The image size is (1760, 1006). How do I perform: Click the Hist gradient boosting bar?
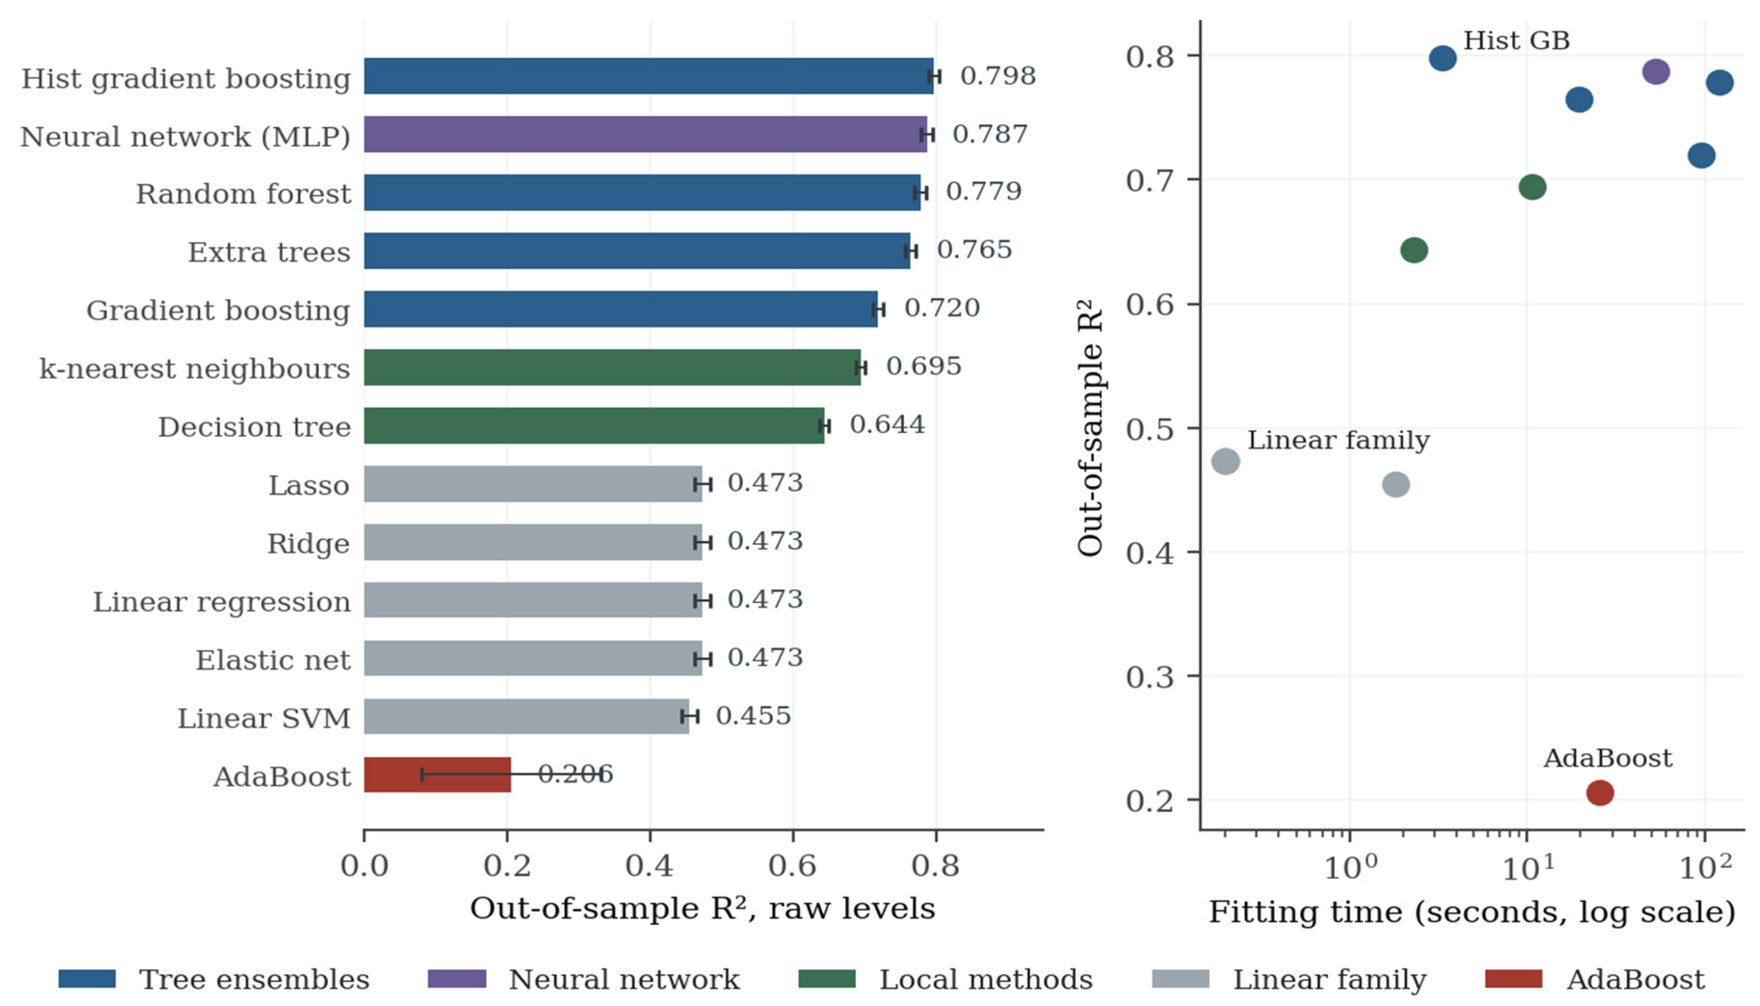click(649, 76)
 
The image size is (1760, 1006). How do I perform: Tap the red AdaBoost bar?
click(437, 775)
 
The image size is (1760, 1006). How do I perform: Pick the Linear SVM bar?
click(526, 716)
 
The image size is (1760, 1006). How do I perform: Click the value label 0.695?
click(923, 366)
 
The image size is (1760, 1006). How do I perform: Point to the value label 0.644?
click(887, 424)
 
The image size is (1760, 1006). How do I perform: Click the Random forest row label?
click(243, 194)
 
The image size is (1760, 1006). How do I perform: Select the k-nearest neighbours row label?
click(195, 369)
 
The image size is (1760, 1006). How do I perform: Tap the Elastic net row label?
click(273, 661)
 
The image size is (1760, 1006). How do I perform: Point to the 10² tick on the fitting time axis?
click(1705, 866)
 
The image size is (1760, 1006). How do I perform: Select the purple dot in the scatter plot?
click(1655, 71)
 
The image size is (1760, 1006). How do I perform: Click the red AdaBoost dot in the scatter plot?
click(1600, 793)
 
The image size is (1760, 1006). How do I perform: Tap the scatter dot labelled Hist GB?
click(1442, 58)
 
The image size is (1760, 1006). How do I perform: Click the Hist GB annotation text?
click(1516, 41)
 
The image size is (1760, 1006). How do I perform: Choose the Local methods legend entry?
click(945, 979)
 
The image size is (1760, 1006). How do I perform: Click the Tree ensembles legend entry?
click(214, 979)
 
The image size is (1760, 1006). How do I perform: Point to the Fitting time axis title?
click(1472, 912)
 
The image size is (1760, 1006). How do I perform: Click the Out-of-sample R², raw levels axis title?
click(702, 909)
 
